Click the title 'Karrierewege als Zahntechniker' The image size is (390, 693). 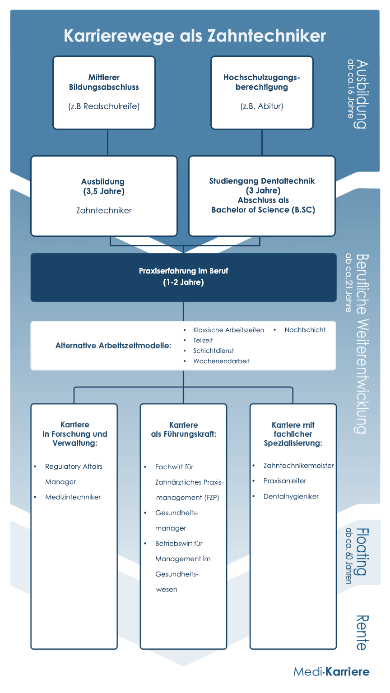[195, 36]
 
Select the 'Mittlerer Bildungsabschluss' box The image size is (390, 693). [104, 92]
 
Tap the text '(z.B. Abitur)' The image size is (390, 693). [262, 106]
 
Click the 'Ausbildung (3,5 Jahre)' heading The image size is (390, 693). [104, 186]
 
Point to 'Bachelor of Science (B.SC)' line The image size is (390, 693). [264, 210]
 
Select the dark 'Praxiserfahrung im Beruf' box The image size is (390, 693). [184, 277]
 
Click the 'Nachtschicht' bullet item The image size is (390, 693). [305, 330]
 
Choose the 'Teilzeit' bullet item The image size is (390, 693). [203, 340]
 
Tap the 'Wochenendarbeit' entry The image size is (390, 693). [221, 361]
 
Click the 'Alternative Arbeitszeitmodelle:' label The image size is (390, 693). [113, 346]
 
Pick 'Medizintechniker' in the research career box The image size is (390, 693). [73, 497]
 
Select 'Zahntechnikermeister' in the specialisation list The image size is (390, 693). [299, 466]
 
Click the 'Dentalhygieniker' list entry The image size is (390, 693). [291, 497]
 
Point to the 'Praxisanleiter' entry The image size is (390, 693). [285, 481]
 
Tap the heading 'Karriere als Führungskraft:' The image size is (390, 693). [184, 430]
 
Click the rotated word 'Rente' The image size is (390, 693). [362, 633]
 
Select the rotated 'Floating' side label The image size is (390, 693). [362, 552]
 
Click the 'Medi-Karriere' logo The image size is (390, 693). [331, 672]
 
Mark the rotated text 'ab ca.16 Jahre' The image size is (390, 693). [350, 89]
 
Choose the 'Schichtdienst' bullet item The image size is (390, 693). [214, 351]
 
